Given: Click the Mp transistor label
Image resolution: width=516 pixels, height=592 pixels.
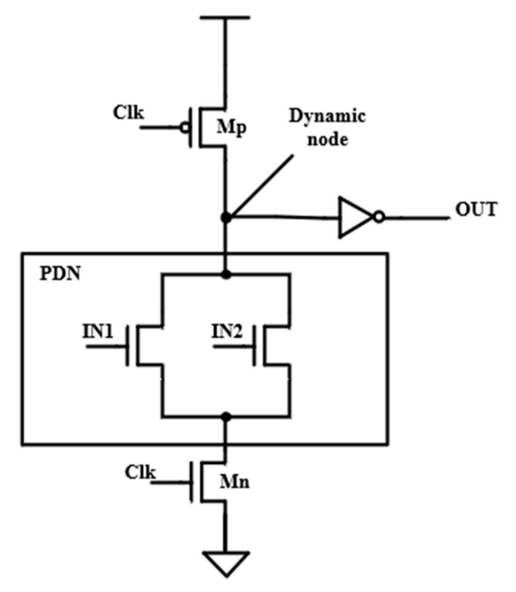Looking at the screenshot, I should [x=231, y=128].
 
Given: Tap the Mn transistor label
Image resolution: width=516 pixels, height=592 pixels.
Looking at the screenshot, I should [x=234, y=482].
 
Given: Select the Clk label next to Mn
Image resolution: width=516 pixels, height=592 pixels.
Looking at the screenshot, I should [x=140, y=472].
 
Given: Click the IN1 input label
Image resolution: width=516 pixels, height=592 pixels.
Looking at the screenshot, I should [x=98, y=331].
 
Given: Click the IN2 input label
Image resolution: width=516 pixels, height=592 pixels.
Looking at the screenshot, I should [x=227, y=331].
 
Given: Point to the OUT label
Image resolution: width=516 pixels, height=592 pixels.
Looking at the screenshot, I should [x=476, y=209].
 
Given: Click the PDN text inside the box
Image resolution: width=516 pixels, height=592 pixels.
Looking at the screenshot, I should [x=60, y=273].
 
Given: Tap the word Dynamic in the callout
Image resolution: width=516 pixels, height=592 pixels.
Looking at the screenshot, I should [x=327, y=116].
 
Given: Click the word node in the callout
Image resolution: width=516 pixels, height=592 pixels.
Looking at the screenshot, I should [x=327, y=140].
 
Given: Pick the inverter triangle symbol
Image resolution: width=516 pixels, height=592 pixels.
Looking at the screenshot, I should [x=354, y=217].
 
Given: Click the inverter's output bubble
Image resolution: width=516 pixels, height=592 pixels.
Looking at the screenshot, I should [x=379, y=217].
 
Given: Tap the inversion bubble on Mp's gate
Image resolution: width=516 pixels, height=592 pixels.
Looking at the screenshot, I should [x=185, y=128].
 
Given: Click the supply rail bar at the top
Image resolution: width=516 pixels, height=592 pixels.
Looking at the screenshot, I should [x=225, y=17].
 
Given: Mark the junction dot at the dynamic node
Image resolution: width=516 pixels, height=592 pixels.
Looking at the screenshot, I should [x=226, y=217].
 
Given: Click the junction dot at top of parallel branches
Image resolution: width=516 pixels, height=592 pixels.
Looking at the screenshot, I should [x=226, y=274].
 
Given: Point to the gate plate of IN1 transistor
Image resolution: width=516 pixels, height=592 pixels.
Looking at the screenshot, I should [x=128, y=346].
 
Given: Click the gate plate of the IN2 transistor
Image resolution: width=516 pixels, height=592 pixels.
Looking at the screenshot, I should [x=254, y=346].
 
